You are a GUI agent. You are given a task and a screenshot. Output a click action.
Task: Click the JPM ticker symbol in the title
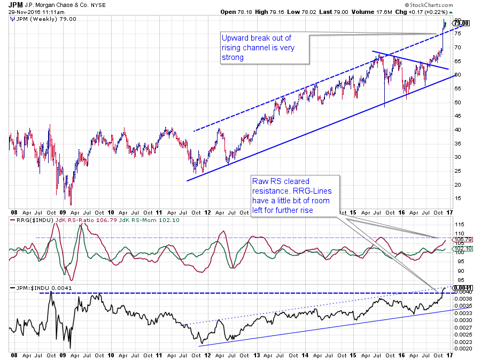coord(15,5)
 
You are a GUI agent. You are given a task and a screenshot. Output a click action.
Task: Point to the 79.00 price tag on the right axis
coord(461,22)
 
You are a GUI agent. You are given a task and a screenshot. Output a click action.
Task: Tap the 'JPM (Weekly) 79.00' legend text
coord(34,19)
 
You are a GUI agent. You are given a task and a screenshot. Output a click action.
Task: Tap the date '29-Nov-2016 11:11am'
coord(35,11)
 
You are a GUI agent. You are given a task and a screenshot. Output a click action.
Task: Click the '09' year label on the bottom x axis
coord(62,355)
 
